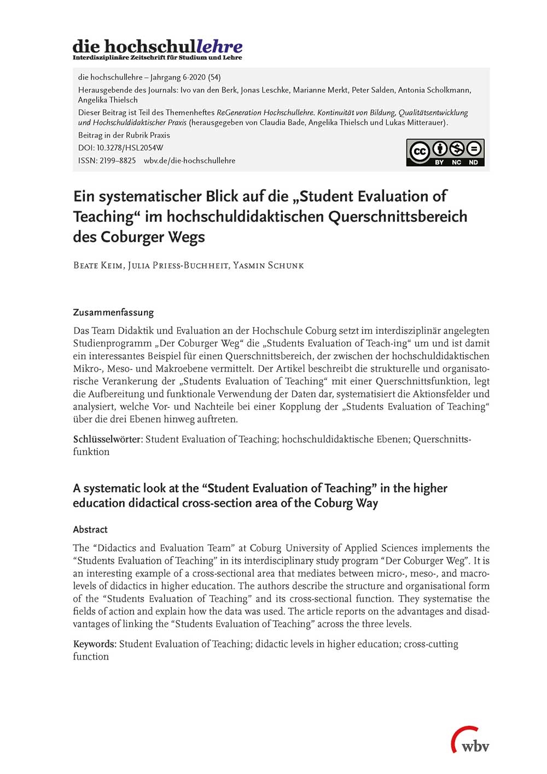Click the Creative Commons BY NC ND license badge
coord(445,152)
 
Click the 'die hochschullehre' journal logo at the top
coord(158,48)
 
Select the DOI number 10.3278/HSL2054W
coord(130,148)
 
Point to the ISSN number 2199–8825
coord(118,160)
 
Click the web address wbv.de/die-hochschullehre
coord(189,160)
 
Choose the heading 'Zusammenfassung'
coord(113,313)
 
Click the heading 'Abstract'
coord(90,529)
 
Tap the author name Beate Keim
coord(98,265)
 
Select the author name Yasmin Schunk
coord(268,265)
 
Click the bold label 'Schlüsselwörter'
coord(108,439)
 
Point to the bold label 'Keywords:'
coord(95,644)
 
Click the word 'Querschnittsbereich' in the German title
coord(398,217)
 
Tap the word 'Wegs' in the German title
coord(187,237)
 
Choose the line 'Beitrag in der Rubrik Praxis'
coord(124,135)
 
